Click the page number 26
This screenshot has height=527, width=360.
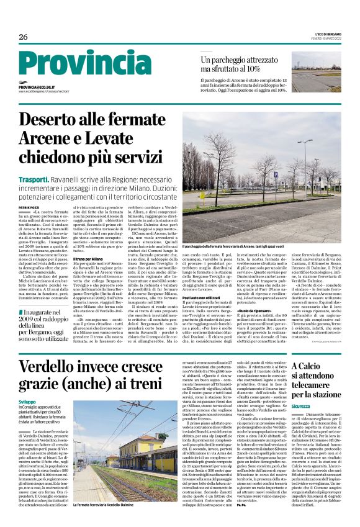(x=23, y=37)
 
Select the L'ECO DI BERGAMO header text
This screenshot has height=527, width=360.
(x=325, y=34)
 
